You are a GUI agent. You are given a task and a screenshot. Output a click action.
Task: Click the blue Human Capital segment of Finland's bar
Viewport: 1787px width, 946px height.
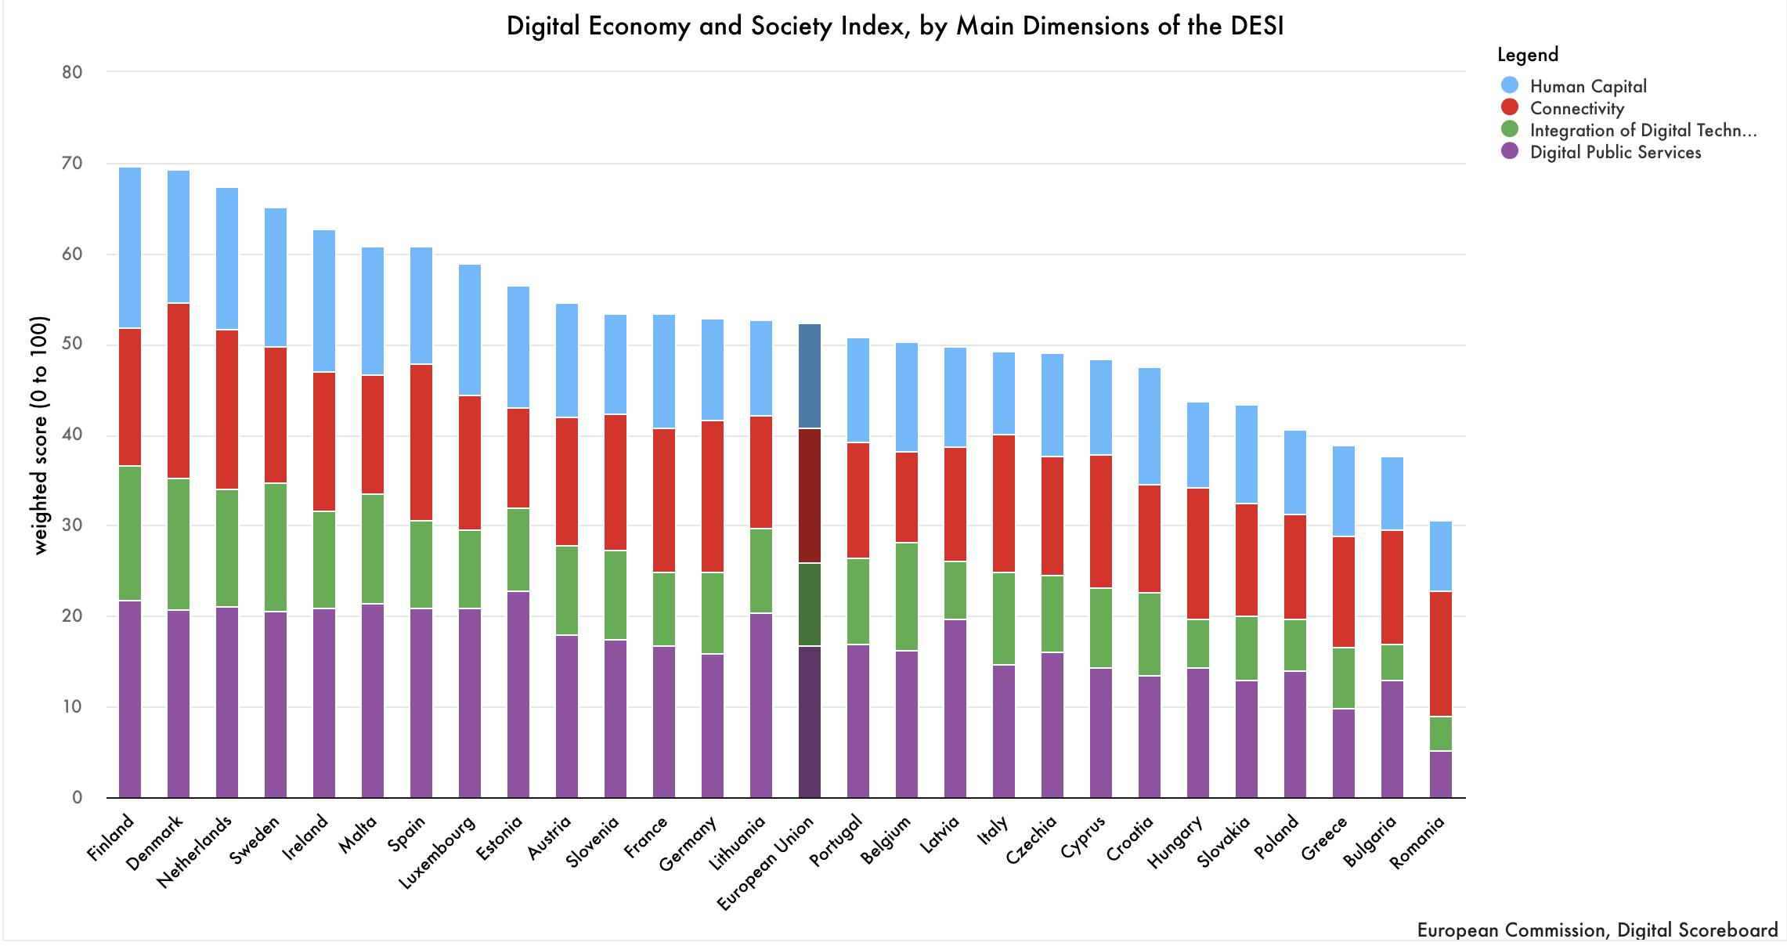(130, 247)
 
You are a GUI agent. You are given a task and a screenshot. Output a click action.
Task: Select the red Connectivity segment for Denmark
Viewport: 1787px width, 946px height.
(179, 390)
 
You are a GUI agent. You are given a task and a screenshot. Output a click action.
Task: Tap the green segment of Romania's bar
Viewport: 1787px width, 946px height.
(1441, 733)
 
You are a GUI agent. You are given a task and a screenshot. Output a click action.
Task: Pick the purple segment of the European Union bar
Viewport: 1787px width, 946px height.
(810, 720)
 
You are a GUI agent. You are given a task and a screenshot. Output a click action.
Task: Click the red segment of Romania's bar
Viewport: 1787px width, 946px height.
(1441, 653)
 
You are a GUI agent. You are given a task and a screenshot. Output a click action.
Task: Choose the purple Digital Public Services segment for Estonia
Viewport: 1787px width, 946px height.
(518, 694)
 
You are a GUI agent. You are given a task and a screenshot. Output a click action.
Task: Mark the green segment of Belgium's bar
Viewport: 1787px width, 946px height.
(907, 596)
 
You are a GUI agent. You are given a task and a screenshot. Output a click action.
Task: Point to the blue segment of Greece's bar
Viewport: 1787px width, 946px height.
(1344, 491)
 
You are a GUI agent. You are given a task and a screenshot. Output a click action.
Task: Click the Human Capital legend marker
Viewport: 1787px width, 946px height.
(1510, 85)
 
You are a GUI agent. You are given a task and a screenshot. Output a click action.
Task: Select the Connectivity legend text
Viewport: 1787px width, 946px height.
(1577, 108)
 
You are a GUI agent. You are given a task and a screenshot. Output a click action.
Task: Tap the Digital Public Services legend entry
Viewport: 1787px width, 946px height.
(1616, 152)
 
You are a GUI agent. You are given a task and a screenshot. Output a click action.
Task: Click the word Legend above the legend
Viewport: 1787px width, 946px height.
(1528, 54)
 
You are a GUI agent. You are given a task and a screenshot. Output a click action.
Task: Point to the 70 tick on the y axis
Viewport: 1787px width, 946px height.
(72, 163)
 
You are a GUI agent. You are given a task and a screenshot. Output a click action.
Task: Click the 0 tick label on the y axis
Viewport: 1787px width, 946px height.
(77, 797)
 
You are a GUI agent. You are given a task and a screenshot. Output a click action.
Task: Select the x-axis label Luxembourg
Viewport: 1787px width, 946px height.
(437, 852)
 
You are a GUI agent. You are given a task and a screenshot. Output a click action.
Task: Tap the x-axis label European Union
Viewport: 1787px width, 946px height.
(767, 863)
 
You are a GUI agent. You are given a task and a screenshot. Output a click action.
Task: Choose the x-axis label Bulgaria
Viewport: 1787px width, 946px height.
(1370, 841)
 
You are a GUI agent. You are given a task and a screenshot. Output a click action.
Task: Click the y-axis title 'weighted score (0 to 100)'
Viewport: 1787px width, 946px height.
(40, 435)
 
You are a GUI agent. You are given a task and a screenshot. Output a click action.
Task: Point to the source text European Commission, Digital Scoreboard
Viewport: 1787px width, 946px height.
(1597, 930)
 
